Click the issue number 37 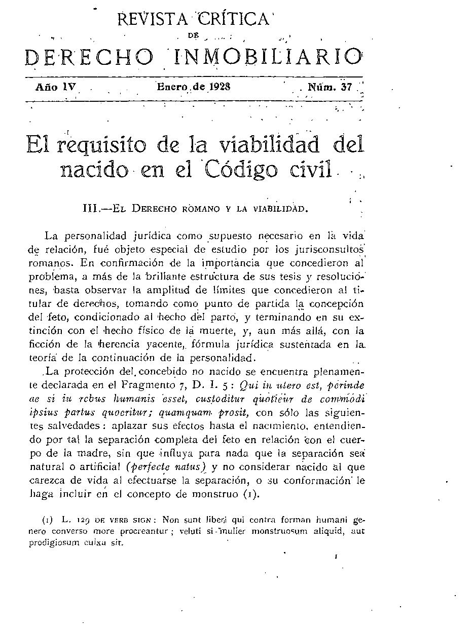tap(347, 87)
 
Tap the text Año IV tap(55, 87)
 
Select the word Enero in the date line tap(172, 86)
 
